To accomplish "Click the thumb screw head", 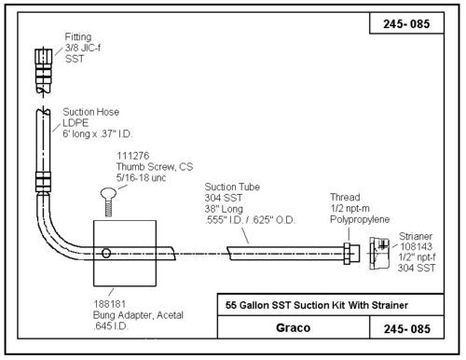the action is (x=108, y=194).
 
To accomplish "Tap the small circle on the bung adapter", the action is (x=106, y=253).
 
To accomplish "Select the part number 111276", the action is (x=133, y=156).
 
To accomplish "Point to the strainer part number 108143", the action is (x=416, y=246).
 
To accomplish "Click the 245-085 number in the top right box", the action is (x=406, y=24).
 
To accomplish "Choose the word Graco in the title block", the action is (x=293, y=327).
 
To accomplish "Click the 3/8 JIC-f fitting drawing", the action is (x=43, y=71).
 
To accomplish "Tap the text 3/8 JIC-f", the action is (x=83, y=48).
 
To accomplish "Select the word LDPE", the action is (x=75, y=123).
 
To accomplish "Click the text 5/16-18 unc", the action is (x=141, y=178).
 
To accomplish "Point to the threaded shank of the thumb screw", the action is (x=108, y=208).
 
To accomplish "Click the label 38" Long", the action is (x=224, y=209).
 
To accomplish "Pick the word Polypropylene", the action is (x=360, y=219).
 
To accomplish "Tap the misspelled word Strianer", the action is (x=416, y=236).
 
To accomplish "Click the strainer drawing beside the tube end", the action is (x=379, y=254).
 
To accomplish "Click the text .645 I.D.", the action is (x=111, y=326).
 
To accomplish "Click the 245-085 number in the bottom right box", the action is (x=407, y=328).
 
